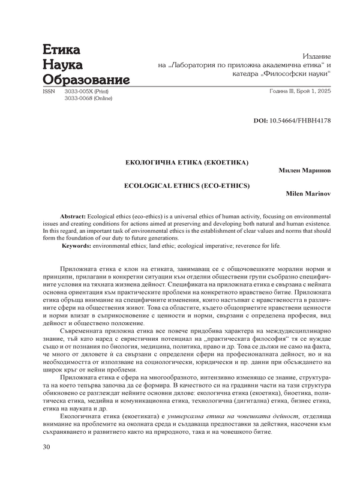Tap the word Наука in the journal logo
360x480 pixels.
click(63, 65)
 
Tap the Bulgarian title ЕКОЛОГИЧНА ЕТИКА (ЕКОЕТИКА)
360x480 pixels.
click(186, 162)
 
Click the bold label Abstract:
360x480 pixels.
click(73, 215)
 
